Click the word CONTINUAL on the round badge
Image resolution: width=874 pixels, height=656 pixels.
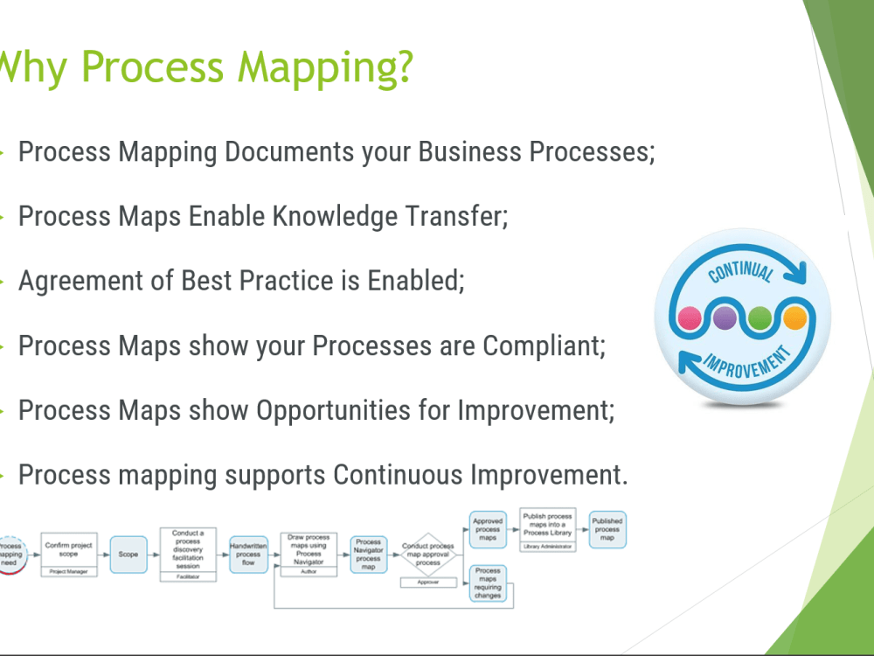(x=741, y=273)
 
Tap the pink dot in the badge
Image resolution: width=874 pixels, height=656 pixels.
(x=690, y=317)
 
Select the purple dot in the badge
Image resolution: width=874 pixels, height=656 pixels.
(x=725, y=317)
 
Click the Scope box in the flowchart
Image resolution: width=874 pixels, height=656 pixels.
(x=128, y=555)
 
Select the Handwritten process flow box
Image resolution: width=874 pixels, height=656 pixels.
(x=248, y=555)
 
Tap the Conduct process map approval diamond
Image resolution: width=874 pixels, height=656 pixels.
(x=428, y=555)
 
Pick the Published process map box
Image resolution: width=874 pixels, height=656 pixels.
(x=607, y=529)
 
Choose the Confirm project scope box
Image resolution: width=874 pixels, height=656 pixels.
(x=69, y=549)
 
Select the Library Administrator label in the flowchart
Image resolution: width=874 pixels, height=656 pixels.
(x=548, y=547)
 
